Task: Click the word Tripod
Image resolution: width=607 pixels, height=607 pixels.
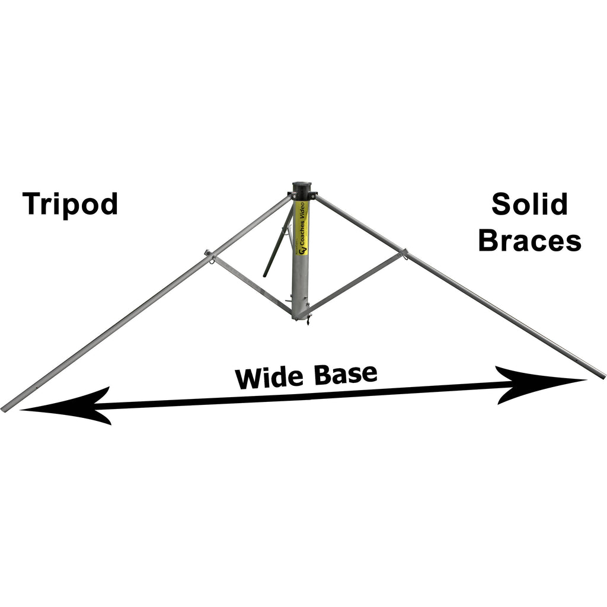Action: [71, 205]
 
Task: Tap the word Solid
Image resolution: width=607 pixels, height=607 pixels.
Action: [529, 205]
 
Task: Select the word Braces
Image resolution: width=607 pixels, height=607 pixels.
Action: [529, 241]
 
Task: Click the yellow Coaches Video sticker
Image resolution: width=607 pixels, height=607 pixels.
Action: [302, 228]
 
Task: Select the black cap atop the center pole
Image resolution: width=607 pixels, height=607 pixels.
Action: [302, 191]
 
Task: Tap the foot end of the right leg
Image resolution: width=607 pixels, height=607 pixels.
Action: [602, 375]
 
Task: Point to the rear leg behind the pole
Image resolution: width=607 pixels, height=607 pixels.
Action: [277, 246]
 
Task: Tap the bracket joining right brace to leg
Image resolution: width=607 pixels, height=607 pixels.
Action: [402, 254]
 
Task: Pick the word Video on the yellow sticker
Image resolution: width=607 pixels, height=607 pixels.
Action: [302, 211]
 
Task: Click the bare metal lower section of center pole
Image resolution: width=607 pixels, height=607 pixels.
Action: [301, 285]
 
